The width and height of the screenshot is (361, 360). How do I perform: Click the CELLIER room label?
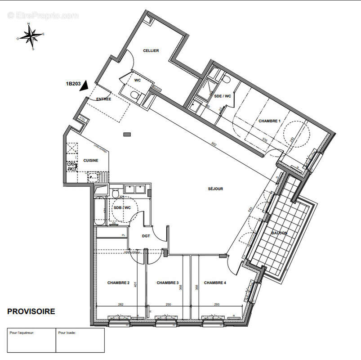coord(151,51)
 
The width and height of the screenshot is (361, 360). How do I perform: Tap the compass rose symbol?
coord(31,35)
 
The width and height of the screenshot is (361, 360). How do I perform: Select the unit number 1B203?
coord(73,83)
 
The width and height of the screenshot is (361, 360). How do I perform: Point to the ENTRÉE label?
coord(103,99)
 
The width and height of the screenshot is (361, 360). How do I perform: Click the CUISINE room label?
coord(90,161)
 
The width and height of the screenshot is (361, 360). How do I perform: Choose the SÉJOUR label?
coord(215,189)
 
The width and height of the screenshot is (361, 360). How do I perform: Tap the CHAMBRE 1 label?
coord(269,121)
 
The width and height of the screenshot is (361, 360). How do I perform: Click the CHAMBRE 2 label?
coord(118,283)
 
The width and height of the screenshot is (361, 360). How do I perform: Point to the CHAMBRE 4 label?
coord(215,283)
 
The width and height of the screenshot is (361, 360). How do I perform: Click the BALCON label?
coord(279,233)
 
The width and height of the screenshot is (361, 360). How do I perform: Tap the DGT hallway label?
coord(146,235)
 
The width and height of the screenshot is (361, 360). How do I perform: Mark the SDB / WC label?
coord(122,207)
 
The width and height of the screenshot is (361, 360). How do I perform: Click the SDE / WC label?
coord(223,96)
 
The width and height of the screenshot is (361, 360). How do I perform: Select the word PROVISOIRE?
coord(31,311)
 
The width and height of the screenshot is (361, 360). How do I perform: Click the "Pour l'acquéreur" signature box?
coord(31,340)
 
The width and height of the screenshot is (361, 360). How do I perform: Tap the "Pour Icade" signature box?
coord(80,340)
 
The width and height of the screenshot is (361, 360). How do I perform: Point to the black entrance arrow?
coord(83,86)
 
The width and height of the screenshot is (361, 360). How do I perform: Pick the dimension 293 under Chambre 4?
coord(216,305)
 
